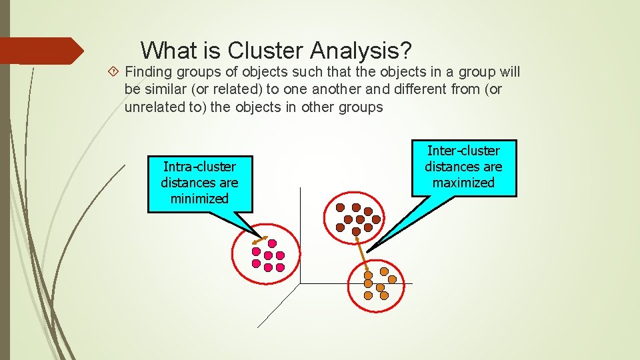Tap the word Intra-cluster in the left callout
pyautogui.click(x=199, y=166)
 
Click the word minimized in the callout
pyautogui.click(x=199, y=198)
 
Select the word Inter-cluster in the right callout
pyautogui.click(x=463, y=151)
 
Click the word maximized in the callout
pyautogui.click(x=463, y=182)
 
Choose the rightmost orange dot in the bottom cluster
pyautogui.click(x=393, y=279)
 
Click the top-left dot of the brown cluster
pyautogui.click(x=340, y=207)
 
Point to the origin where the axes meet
pyautogui.click(x=301, y=283)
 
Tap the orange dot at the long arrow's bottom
pyautogui.click(x=368, y=275)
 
